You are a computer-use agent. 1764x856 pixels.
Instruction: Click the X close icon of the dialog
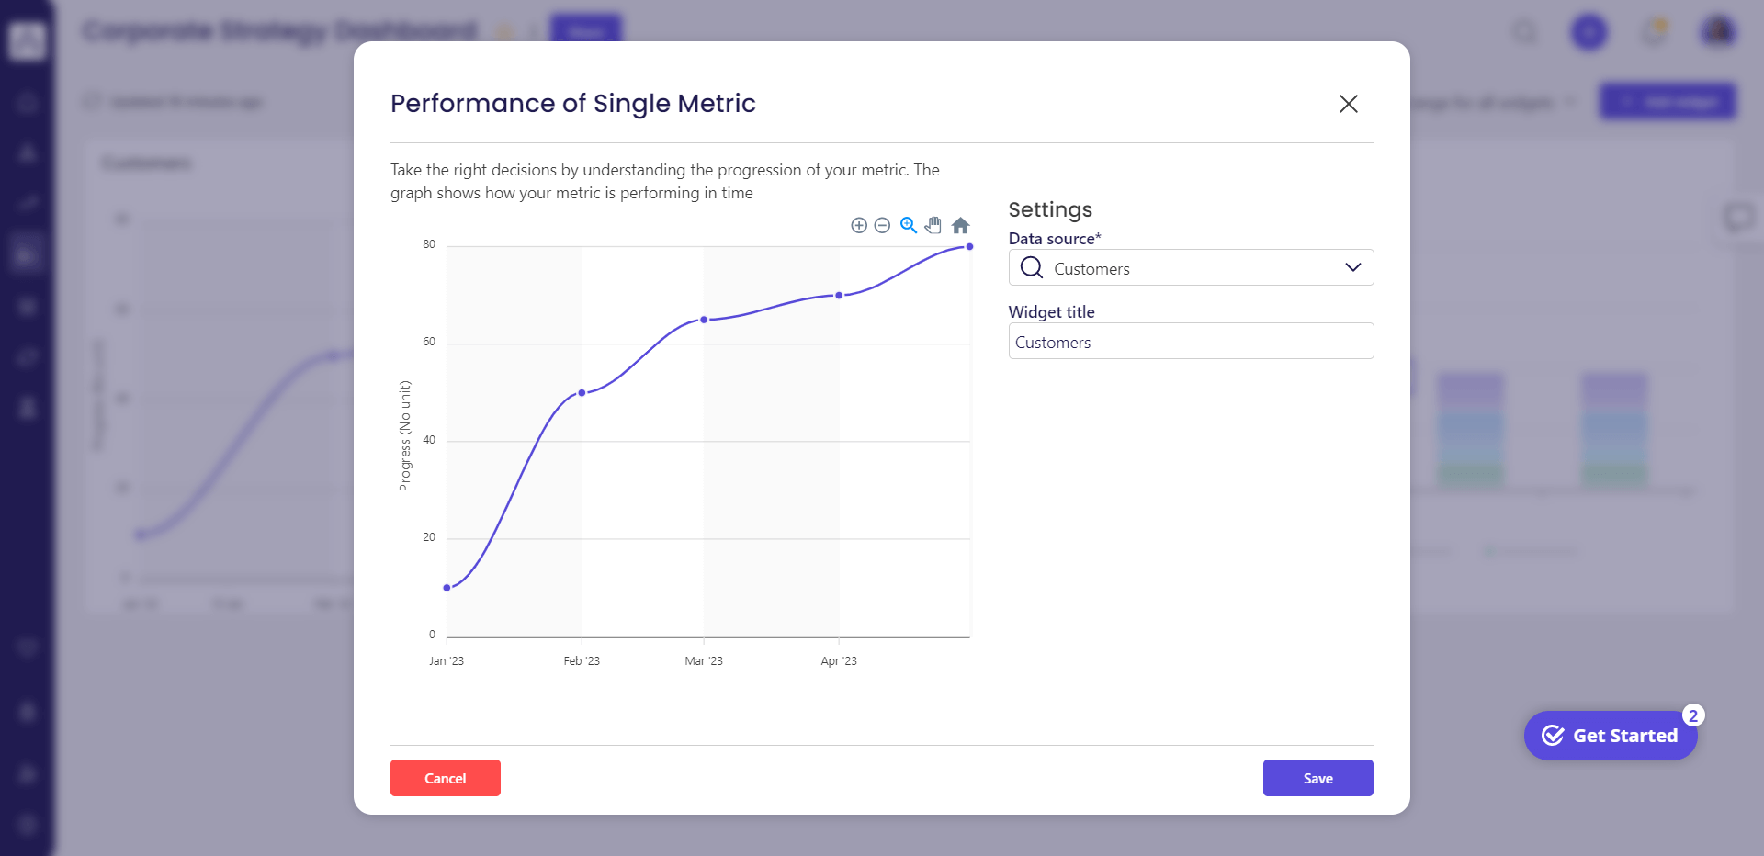(x=1348, y=104)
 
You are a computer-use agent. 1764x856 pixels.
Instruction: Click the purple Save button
(x=1317, y=778)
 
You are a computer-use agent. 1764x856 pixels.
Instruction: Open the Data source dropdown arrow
(x=1352, y=267)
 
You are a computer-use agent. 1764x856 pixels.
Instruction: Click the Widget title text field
(x=1191, y=342)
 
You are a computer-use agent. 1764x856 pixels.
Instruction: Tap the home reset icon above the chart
(x=960, y=225)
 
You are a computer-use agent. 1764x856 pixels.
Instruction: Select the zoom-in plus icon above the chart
(x=859, y=225)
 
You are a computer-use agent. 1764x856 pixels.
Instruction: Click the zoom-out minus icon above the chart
(x=882, y=225)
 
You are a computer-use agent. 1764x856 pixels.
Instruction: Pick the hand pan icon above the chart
(x=933, y=225)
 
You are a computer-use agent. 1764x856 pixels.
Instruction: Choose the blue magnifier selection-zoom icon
(x=909, y=225)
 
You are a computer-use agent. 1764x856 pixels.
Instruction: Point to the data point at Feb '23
(x=582, y=393)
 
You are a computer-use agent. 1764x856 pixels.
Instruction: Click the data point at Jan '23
(x=447, y=588)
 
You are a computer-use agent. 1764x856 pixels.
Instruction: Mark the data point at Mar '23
(x=704, y=320)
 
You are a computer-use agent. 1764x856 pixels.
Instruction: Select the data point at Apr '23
(x=839, y=296)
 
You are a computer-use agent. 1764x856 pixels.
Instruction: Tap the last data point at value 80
(x=969, y=247)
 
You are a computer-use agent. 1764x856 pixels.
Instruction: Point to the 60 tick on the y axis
(x=429, y=342)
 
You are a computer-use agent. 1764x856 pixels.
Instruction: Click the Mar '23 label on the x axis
(x=704, y=661)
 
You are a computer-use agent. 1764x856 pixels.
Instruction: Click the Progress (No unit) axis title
(x=405, y=436)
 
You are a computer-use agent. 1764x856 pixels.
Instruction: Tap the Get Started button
(x=1611, y=736)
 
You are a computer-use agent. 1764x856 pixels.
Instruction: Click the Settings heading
(x=1050, y=209)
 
